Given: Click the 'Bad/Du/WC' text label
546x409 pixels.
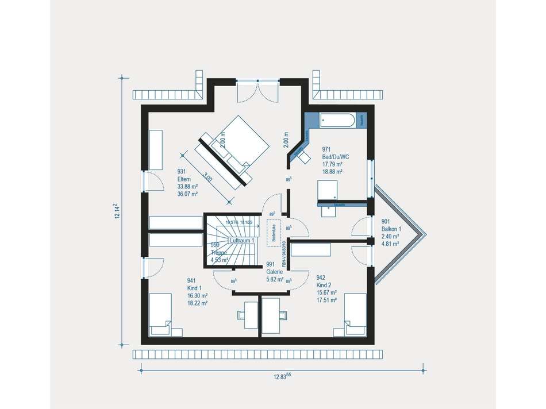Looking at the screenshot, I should point(335,156).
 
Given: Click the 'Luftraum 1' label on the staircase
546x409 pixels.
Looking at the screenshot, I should point(241,240).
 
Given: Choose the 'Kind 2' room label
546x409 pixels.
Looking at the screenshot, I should point(324,284).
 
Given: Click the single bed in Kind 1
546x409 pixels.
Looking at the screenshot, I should point(160,315).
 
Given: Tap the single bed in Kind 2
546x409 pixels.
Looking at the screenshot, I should point(355,315).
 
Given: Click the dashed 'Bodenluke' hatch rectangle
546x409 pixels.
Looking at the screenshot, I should point(272,230).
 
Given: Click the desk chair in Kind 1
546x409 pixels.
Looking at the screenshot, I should point(241,314).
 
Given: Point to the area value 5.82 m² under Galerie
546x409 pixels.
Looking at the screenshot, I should point(275,280).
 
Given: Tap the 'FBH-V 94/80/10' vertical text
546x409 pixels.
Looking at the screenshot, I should point(284,252).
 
